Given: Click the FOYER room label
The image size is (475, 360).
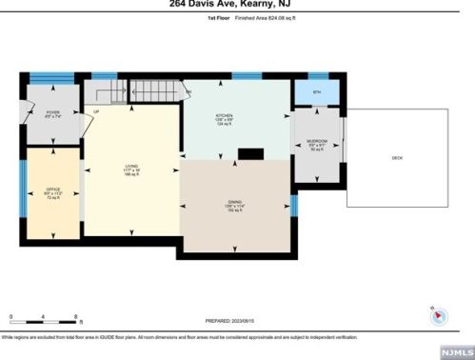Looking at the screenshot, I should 53,114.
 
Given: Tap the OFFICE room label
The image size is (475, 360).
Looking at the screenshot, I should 53,192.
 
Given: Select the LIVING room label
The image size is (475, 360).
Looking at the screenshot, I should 130,170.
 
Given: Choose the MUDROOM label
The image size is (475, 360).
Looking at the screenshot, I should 317,142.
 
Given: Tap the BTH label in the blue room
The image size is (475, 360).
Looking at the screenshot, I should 318,92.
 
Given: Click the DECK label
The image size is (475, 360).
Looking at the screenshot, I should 397,157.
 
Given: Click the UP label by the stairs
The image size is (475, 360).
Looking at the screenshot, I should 96,112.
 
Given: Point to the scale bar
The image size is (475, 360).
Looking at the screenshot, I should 43,319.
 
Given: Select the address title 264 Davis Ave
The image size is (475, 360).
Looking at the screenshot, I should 237,4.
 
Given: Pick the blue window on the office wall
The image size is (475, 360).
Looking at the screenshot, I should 22,181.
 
